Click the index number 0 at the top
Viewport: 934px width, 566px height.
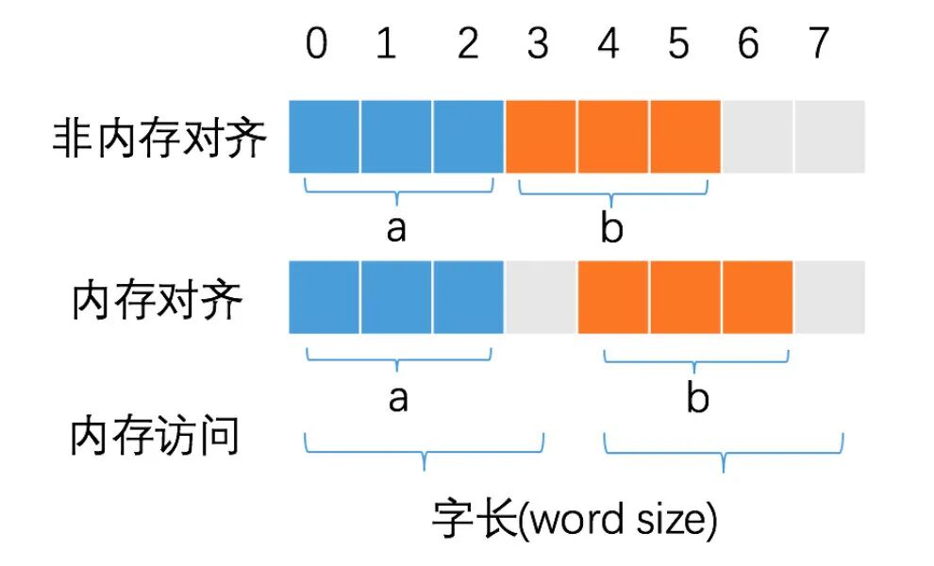317,44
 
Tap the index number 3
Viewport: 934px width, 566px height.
538,44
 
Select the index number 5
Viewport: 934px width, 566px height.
679,44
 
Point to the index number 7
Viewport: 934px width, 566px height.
819,44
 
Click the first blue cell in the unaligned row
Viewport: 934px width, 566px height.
324,137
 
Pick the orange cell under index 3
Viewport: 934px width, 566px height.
541,137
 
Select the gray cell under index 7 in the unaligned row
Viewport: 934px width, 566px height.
830,137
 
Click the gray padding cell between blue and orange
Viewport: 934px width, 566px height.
541,298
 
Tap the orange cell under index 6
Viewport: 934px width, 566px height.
758,298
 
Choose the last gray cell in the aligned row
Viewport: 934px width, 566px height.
830,298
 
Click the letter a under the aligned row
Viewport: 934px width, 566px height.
398,398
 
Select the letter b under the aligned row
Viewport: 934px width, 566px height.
697,398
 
